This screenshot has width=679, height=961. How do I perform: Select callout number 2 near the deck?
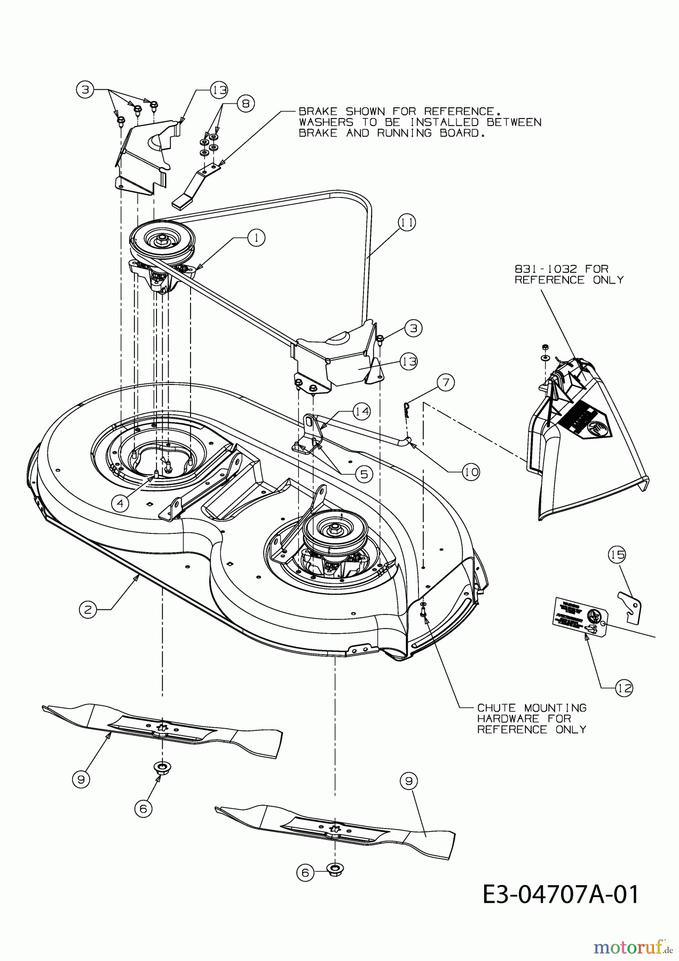[x=89, y=609]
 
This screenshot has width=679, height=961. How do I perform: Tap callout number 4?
[x=121, y=503]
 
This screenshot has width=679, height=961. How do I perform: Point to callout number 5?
[x=363, y=474]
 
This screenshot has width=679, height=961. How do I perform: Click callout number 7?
[x=446, y=382]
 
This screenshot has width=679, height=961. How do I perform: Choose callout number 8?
[x=245, y=103]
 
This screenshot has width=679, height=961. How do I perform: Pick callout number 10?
[x=471, y=471]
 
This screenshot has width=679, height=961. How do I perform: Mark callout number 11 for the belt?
[x=407, y=222]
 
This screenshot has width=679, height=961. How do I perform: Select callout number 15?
[x=616, y=555]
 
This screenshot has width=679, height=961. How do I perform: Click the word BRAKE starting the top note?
[x=318, y=111]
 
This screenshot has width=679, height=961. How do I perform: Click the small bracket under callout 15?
[x=630, y=608]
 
